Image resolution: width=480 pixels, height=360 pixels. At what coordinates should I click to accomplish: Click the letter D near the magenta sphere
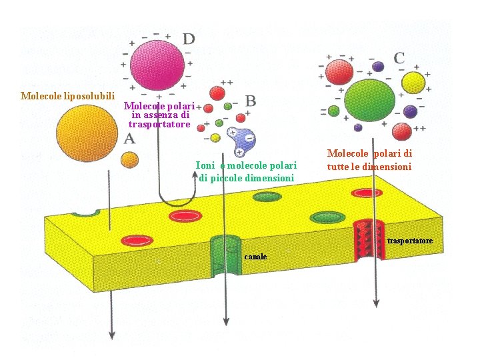189,39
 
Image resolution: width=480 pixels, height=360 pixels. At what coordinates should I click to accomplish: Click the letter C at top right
399,58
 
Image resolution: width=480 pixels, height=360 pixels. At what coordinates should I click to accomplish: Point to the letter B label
251,101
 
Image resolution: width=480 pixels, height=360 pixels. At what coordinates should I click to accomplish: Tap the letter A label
130,139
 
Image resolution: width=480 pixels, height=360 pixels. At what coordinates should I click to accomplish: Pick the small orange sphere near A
129,159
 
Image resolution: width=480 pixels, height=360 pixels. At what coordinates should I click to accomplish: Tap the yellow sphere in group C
414,83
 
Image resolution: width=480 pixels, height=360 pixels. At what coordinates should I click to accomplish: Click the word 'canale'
255,257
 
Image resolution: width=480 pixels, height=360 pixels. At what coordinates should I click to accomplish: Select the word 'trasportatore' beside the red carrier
410,240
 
